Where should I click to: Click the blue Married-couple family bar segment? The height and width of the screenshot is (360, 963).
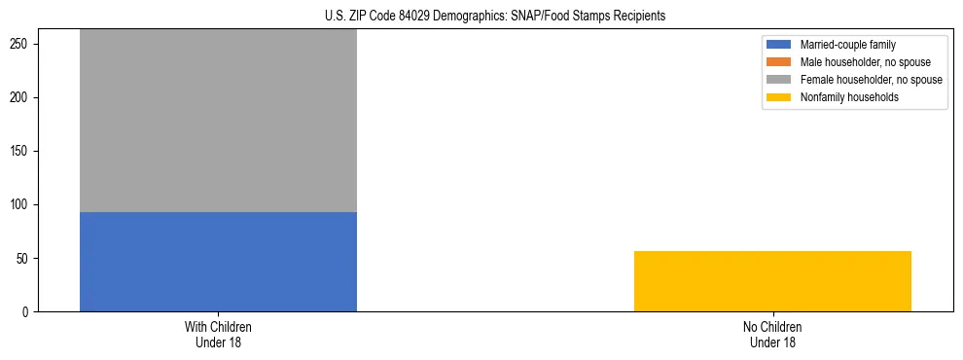pos(218,262)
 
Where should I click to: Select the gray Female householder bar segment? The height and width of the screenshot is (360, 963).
pos(218,121)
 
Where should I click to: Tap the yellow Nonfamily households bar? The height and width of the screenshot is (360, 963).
pos(772,281)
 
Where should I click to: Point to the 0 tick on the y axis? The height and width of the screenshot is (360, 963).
pos(28,312)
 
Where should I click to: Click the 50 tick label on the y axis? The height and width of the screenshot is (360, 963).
pos(25,259)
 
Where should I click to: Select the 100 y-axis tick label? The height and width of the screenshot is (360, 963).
pos(22,205)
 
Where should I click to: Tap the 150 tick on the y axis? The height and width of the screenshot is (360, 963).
pos(22,152)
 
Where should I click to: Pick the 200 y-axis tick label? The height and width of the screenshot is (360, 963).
pos(22,98)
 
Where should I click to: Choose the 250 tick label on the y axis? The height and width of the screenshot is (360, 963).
pos(22,45)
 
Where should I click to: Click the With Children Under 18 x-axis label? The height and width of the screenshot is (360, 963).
pos(218,335)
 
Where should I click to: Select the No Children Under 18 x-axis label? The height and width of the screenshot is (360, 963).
pos(772,335)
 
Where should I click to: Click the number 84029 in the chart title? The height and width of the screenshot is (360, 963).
pos(415,17)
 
